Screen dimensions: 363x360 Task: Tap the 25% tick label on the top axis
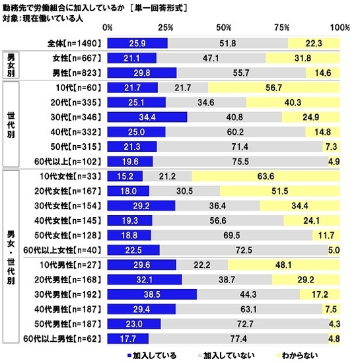click(166, 28)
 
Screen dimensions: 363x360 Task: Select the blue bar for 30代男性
click(152, 293)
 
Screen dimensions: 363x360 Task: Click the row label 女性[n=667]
click(78, 59)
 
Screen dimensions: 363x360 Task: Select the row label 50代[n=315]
click(78, 145)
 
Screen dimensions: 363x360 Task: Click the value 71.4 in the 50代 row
click(239, 145)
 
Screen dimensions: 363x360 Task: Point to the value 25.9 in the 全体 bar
click(139, 43)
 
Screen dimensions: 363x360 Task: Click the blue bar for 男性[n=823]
click(141, 73)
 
